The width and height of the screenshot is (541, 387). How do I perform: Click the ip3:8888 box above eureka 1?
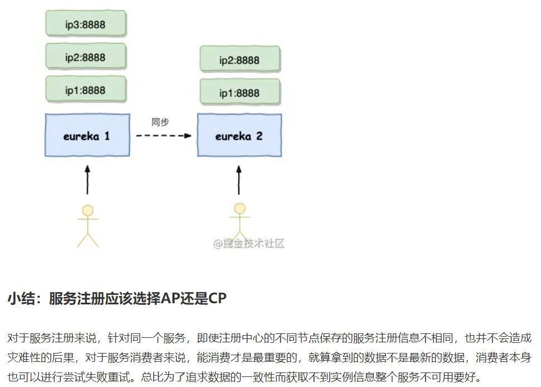coord(85,25)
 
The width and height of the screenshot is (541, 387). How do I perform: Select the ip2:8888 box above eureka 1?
coord(85,57)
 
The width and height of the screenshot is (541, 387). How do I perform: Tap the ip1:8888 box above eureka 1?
coord(85,89)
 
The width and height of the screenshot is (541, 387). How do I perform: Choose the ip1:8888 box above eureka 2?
coord(240,93)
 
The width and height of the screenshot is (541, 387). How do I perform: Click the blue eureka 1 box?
coord(87,135)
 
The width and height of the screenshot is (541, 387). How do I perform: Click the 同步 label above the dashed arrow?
coord(160,122)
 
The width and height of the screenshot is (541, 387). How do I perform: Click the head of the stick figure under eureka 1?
coord(88,211)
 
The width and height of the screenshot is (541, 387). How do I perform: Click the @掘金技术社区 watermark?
coord(248,244)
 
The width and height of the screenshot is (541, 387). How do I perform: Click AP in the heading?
coord(169,299)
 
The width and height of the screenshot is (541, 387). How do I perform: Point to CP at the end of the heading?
coord(217,299)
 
